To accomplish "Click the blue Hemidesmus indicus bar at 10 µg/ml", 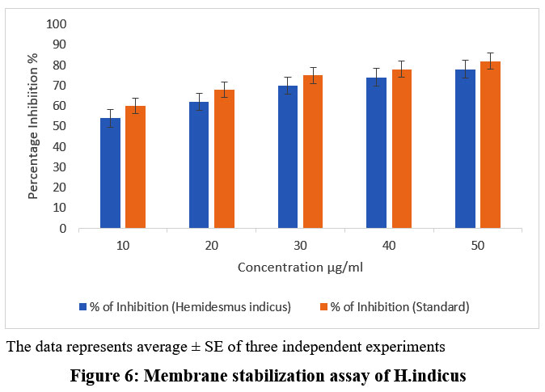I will click(110, 173).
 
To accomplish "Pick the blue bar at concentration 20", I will click(199, 165).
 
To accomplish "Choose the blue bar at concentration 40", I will click(376, 153).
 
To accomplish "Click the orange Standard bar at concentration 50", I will click(490, 145).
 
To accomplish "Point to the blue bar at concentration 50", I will click(465, 149).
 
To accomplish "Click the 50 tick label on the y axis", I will click(59, 126).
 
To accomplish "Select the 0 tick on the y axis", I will click(62, 229).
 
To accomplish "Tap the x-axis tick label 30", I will click(300, 243).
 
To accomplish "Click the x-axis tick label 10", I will click(122, 243).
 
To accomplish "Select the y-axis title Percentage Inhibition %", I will click(33, 125).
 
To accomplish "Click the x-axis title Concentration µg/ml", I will click(299, 267).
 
